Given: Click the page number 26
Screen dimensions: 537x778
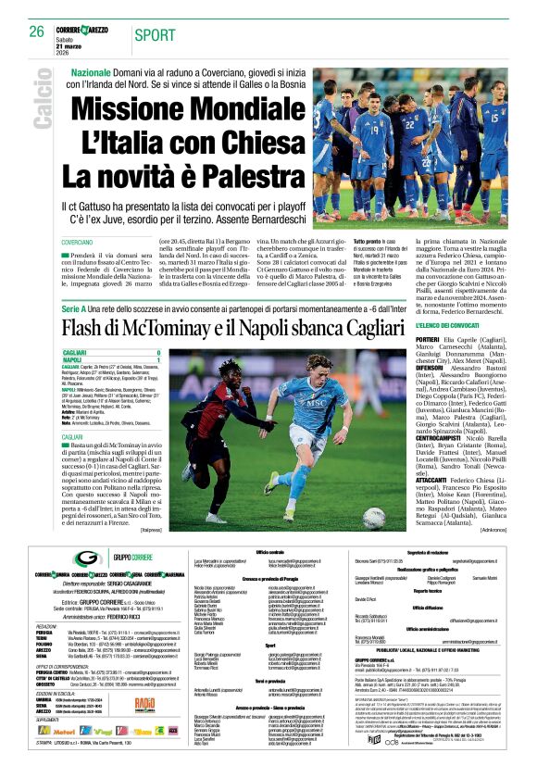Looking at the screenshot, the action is click(x=36, y=31).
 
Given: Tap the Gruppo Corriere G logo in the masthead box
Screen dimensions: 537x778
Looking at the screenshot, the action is click(x=88, y=558).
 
